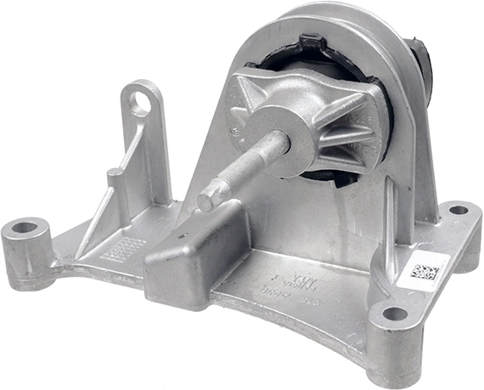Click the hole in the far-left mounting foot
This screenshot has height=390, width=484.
coord(25,228)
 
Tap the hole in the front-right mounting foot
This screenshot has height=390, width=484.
coord(395,314)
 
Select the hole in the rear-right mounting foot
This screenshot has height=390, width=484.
coord(459,209)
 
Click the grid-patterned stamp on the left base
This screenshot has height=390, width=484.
coord(122,249)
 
